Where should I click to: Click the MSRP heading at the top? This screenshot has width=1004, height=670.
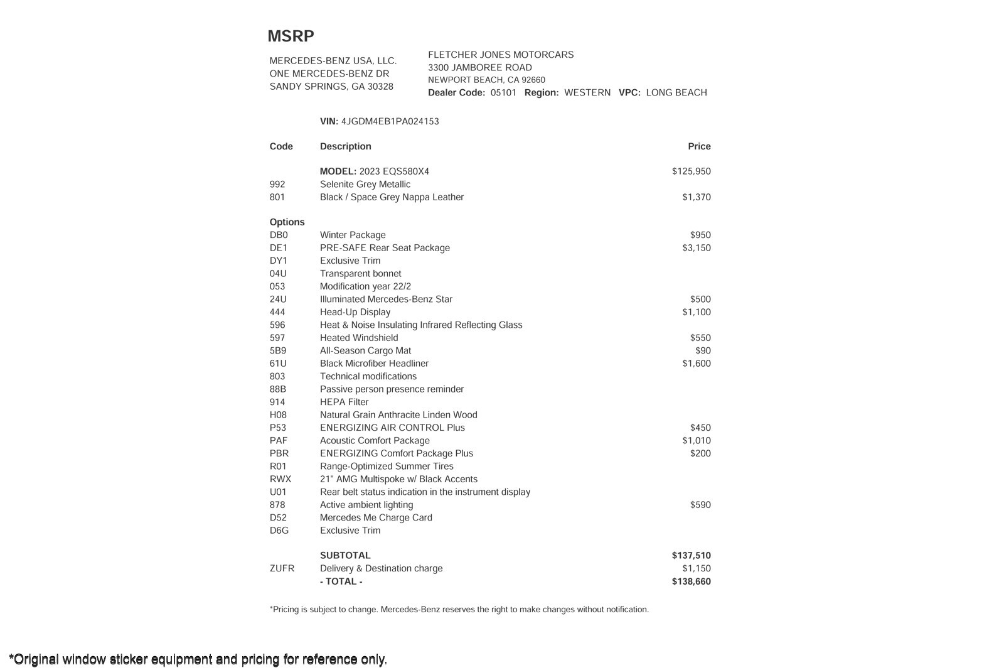coord(291,36)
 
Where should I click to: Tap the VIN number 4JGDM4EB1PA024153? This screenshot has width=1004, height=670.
coord(390,122)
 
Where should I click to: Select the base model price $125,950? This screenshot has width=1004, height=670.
coord(691,171)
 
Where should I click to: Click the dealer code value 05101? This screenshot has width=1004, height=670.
coord(503,93)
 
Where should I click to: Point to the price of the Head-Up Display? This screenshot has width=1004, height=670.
coord(697,312)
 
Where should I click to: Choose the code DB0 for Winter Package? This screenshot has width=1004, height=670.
coord(279,235)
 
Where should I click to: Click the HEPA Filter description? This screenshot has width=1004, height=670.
coord(344,403)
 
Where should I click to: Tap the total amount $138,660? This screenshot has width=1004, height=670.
coord(691,581)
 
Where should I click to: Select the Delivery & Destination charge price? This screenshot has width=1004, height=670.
coord(697,569)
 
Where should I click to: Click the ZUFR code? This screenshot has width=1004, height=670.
coord(282,569)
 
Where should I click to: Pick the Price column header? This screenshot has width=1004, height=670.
coord(699,146)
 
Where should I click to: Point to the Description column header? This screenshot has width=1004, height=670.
coord(345,146)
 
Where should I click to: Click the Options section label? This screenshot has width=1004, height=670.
coord(287,222)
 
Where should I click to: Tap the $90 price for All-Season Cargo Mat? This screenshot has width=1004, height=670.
coord(703,351)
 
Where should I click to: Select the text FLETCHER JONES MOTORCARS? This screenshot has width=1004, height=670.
coord(501,55)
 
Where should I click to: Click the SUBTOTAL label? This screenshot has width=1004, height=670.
coord(345,556)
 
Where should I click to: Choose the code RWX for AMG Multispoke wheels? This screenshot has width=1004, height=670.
coord(280,479)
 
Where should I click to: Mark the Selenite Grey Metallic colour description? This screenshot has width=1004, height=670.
coord(365,185)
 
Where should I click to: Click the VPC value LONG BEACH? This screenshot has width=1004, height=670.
coord(676,93)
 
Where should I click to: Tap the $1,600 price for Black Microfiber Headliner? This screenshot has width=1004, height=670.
coord(697,364)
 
